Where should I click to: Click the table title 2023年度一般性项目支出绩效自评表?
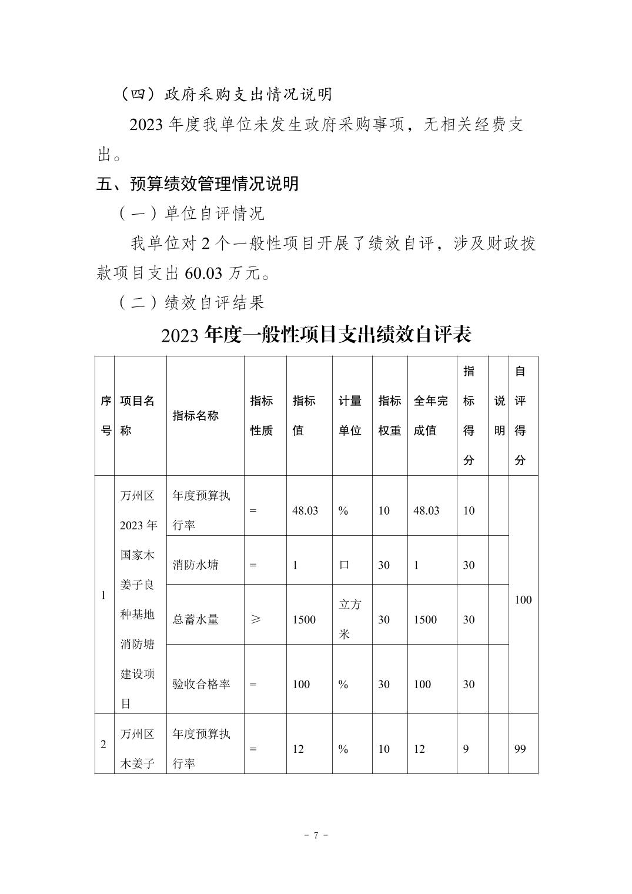(x=316, y=335)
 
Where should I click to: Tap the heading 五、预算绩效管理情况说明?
(x=198, y=184)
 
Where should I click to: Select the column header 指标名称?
(x=195, y=416)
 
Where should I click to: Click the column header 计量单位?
(x=350, y=416)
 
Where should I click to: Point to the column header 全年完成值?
(x=430, y=416)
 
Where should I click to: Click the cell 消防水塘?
(x=195, y=565)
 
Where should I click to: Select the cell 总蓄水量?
(x=195, y=619)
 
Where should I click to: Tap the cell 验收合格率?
(x=201, y=684)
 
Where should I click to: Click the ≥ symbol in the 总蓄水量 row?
(x=255, y=619)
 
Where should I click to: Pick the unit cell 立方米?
(x=350, y=619)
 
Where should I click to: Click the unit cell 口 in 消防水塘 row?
(x=344, y=565)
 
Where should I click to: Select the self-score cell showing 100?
(x=523, y=600)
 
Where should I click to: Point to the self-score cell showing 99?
(x=520, y=749)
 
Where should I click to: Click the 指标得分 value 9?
(x=466, y=749)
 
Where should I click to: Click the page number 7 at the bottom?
(x=316, y=835)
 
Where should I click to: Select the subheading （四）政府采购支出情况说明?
(x=226, y=94)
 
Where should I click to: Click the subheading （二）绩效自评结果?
(x=192, y=303)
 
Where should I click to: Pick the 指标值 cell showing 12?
(x=298, y=749)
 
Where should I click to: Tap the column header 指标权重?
(x=389, y=416)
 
